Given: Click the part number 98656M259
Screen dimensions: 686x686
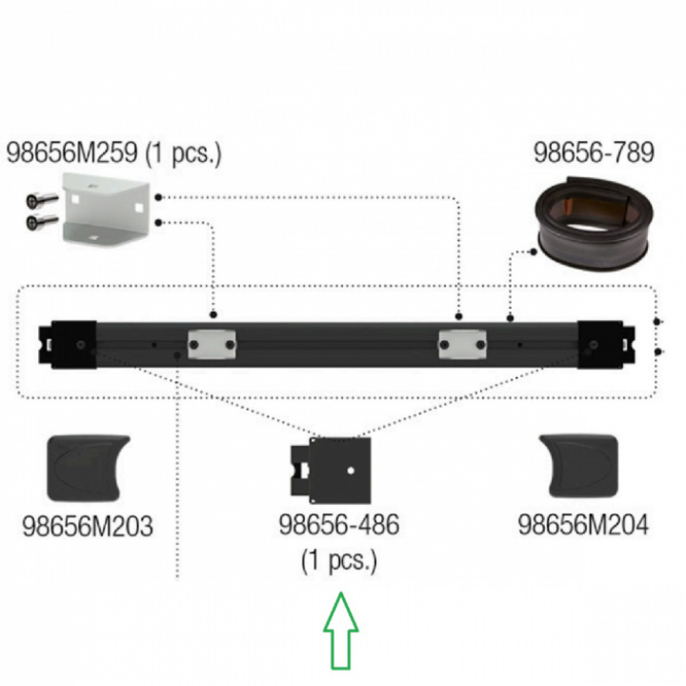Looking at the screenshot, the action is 72,152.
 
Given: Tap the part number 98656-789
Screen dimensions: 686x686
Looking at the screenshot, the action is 595,152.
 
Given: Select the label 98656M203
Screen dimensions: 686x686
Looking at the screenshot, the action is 88,525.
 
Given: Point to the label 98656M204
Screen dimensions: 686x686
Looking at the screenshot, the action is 583,524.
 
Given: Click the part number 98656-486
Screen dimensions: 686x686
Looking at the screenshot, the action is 339,524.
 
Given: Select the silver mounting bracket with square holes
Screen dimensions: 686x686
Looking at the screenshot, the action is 107,208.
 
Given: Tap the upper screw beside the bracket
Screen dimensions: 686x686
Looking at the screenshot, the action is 43,200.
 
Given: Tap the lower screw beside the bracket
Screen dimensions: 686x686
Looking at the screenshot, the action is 43,221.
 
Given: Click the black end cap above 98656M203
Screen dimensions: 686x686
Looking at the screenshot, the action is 88,468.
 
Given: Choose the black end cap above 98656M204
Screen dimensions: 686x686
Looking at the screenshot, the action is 579,466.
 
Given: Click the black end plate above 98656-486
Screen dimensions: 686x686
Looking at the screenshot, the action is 331,471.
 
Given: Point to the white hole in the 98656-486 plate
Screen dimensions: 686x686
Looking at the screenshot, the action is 351,471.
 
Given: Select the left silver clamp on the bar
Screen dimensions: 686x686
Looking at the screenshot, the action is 212,345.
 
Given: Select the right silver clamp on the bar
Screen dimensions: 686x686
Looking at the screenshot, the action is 462,345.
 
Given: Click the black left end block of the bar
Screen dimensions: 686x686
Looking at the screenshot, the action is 68,345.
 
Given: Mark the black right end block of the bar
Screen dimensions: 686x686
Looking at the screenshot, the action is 606,345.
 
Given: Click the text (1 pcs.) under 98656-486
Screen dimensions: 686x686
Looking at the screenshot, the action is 339,560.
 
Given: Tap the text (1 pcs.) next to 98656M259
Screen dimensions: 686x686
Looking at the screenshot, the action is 183,154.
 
